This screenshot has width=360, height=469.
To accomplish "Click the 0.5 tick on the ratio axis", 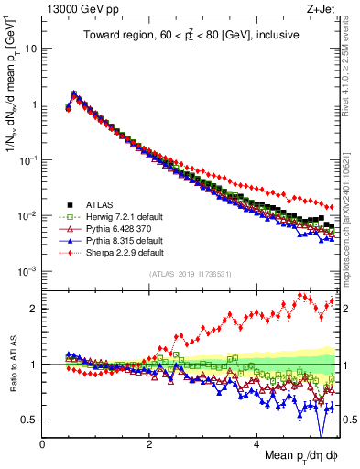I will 29,420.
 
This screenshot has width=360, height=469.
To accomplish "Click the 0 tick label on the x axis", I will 42,443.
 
